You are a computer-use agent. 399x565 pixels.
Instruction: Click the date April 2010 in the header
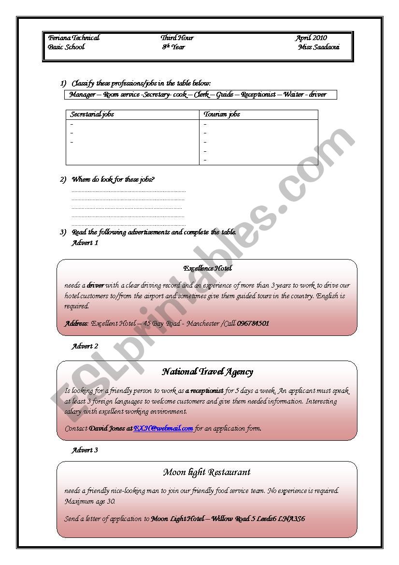coord(311,38)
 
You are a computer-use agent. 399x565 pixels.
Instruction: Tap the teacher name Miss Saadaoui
coord(318,47)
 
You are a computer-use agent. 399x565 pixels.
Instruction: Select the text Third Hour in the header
coord(177,38)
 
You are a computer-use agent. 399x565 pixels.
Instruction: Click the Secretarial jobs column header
coord(92,115)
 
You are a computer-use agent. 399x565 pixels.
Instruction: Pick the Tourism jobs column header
coord(222,115)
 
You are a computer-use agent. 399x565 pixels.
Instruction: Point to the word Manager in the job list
coord(82,95)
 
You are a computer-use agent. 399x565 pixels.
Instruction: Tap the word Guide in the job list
coord(225,95)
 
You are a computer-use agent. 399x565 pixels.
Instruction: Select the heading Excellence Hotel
coord(207,268)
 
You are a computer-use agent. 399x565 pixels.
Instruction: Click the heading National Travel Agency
coord(207,372)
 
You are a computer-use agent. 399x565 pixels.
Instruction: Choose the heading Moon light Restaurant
coord(207,472)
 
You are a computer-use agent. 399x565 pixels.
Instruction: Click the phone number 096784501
coord(253,323)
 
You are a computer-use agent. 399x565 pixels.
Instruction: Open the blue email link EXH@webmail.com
coord(163,428)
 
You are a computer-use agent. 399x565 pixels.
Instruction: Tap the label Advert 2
coord(85,347)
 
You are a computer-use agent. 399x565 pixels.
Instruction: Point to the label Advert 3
coord(85,450)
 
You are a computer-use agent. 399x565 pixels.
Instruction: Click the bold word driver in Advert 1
coord(96,286)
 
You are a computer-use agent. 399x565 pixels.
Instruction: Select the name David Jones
coord(108,428)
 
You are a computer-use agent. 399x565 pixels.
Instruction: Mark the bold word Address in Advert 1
coord(76,323)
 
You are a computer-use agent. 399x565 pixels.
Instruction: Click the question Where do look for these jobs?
coord(113,180)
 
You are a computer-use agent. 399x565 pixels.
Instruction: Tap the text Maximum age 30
coord(90,502)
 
